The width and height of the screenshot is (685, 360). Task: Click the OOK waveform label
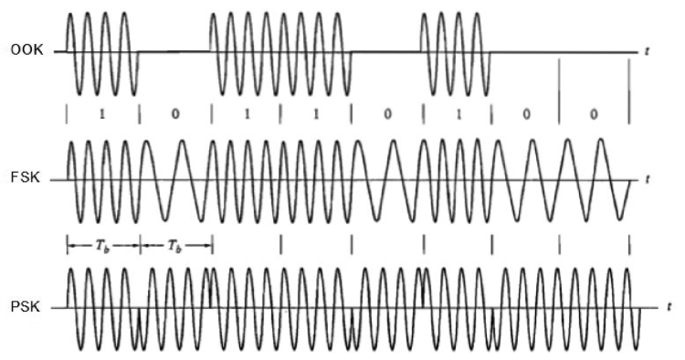[27, 50]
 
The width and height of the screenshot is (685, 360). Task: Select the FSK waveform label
[26, 178]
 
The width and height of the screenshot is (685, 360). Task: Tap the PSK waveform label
[26, 307]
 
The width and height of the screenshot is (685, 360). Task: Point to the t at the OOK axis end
[647, 51]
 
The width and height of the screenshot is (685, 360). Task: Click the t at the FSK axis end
[647, 179]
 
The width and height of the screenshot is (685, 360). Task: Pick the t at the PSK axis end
[669, 307]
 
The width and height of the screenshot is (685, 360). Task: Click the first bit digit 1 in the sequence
[102, 114]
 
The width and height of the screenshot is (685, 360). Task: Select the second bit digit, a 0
[174, 114]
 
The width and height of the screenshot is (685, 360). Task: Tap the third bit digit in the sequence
[248, 114]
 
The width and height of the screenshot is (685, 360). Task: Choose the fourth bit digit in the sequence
[316, 114]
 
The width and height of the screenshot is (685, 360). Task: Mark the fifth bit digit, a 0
[387, 114]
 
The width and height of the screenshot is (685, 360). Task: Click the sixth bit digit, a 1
[458, 114]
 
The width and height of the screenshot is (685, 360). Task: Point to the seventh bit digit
[526, 114]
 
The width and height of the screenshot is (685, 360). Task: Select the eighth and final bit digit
[594, 114]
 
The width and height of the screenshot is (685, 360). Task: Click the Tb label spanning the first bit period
[102, 246]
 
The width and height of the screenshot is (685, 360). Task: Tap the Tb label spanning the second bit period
[175, 246]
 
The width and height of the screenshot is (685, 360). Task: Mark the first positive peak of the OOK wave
[70, 14]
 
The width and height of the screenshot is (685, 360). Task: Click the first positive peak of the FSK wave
[70, 141]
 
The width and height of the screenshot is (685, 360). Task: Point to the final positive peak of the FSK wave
[601, 140]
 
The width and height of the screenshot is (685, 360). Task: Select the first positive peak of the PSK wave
[70, 269]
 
